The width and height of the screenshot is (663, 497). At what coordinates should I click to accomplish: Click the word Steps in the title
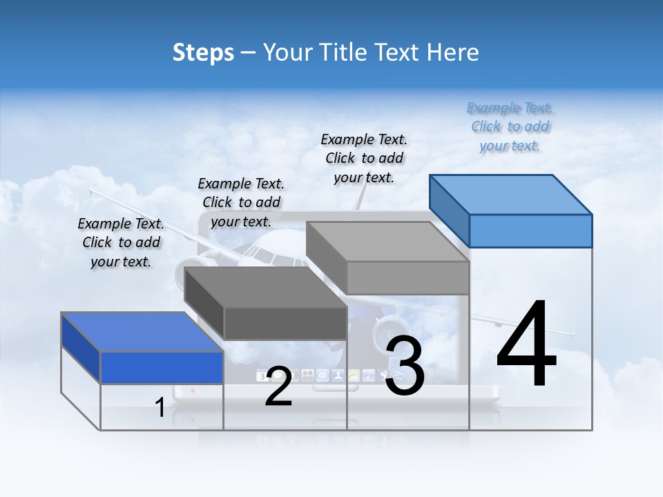[203, 52]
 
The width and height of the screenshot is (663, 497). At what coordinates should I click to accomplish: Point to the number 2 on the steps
[278, 387]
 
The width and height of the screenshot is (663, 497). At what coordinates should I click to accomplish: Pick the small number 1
[160, 408]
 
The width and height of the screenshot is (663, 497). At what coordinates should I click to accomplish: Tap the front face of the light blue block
[530, 231]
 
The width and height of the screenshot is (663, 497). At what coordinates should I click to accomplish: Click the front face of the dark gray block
[285, 323]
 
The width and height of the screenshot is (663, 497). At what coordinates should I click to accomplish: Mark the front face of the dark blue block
[162, 367]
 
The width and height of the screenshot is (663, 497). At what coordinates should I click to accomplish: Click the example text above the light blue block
[510, 127]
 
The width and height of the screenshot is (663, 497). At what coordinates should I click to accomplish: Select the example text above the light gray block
[364, 158]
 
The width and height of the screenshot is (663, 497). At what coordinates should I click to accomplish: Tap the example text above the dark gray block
[241, 202]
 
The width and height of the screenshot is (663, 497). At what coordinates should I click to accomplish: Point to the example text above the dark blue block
[121, 242]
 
